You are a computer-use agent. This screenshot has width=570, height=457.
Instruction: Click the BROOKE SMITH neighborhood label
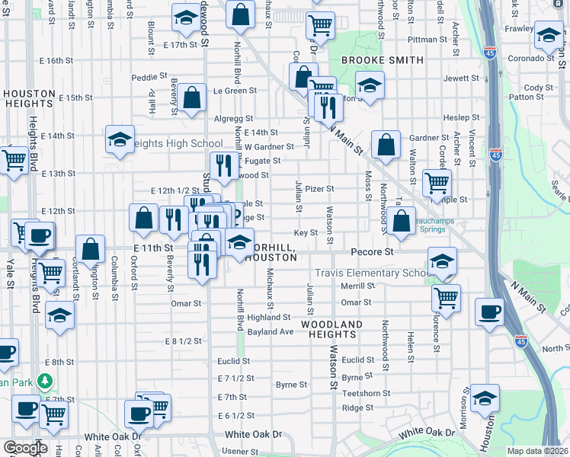pyautogui.click(x=382, y=59)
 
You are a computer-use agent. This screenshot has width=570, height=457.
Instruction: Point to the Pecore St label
pyautogui.click(x=371, y=251)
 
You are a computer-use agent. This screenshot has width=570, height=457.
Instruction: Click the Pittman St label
pyautogui.click(x=427, y=39)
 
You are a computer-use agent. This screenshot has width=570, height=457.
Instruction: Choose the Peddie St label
pyautogui.click(x=149, y=77)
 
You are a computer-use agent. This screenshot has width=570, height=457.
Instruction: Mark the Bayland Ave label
pyautogui.click(x=270, y=332)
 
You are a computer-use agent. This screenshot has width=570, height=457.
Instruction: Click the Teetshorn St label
pyautogui.click(x=366, y=394)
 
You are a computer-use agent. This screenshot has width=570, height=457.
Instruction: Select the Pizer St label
pyautogui.click(x=319, y=188)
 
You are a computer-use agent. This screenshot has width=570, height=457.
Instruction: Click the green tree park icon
pyautogui.click(x=46, y=380)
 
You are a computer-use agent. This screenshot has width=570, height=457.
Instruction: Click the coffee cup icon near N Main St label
pyautogui.click(x=489, y=312)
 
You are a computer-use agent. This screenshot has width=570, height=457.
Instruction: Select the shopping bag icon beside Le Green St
pyautogui.click(x=192, y=97)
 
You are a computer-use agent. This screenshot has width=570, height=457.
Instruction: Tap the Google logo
pyautogui.click(x=25, y=448)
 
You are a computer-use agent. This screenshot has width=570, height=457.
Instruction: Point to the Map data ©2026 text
pyautogui.click(x=536, y=451)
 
